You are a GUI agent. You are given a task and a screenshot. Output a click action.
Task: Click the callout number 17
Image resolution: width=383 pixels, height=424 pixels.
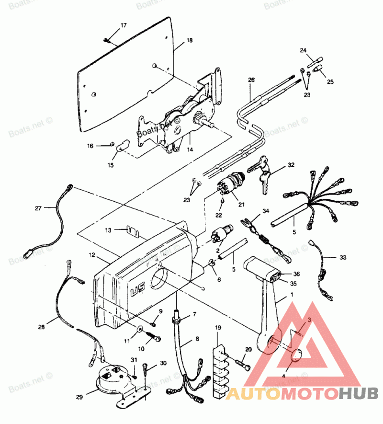click(x=124, y=25)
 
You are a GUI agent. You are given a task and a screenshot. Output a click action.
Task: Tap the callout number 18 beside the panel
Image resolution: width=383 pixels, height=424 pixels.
click(x=190, y=41)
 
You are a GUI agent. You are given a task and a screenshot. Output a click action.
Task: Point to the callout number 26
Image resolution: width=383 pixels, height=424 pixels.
click(x=251, y=80)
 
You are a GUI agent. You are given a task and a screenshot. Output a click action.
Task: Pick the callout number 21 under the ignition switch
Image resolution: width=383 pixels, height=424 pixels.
click(x=241, y=205)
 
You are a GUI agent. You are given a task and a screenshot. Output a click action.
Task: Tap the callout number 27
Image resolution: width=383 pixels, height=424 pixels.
click(x=38, y=208)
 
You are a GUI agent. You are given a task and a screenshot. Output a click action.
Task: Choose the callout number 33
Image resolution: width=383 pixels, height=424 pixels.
click(x=342, y=257)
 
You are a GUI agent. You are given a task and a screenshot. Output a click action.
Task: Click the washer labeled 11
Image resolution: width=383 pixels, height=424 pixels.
click(x=139, y=329)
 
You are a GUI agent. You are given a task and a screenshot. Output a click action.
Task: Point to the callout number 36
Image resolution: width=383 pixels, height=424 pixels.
click(x=296, y=274)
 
